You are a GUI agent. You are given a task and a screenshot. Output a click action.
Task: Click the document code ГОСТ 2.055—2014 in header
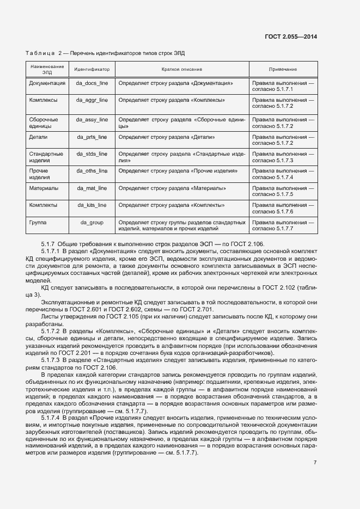click(x=290, y=36)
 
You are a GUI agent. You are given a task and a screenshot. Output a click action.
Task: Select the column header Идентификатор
click(x=91, y=70)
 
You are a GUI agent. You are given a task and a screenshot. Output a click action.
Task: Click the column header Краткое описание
click(x=181, y=70)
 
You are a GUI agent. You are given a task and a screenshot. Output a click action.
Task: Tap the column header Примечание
click(x=283, y=70)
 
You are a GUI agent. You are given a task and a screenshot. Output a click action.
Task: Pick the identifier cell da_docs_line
click(x=91, y=83)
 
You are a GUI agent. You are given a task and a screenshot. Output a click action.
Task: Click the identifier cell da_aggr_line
click(x=91, y=100)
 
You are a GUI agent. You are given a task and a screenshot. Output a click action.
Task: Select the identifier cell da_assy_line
click(x=91, y=119)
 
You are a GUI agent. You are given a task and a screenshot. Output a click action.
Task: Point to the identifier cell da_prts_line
click(x=91, y=137)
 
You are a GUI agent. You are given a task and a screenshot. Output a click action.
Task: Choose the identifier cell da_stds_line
click(x=91, y=155)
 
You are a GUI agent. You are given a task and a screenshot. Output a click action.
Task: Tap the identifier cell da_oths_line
click(x=91, y=171)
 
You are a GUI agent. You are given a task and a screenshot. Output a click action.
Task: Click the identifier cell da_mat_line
click(x=91, y=188)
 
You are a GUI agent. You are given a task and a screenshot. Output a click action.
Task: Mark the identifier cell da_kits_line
click(x=91, y=205)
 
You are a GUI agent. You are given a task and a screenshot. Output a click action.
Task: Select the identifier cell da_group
click(x=91, y=223)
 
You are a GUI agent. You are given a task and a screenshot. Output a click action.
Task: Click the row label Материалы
click(x=44, y=188)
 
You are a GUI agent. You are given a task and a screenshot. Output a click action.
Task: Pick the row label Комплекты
click(x=44, y=205)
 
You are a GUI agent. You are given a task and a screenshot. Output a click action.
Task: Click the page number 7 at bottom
click(x=315, y=462)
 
